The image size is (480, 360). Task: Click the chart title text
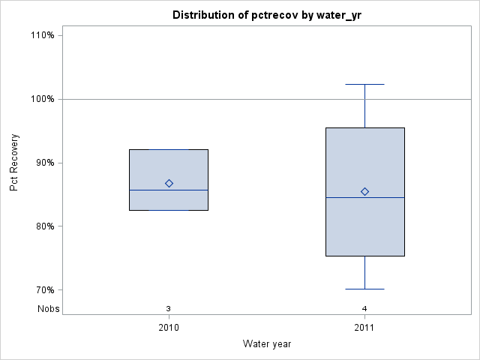pos(266,15)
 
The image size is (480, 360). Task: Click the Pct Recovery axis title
pos(14,163)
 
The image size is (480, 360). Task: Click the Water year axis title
pos(266,343)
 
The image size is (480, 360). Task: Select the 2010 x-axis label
pos(169,328)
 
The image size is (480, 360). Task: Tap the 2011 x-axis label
pos(364,328)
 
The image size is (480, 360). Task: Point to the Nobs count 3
pos(169,308)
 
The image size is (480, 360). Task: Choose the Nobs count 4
pos(364,308)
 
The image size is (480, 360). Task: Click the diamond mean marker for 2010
pos(169,183)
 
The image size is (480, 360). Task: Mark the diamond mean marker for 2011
pos(364,191)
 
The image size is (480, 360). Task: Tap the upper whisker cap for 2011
pos(364,85)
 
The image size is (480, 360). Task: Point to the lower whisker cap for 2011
pos(364,289)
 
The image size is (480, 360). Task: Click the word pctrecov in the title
pos(279,15)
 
